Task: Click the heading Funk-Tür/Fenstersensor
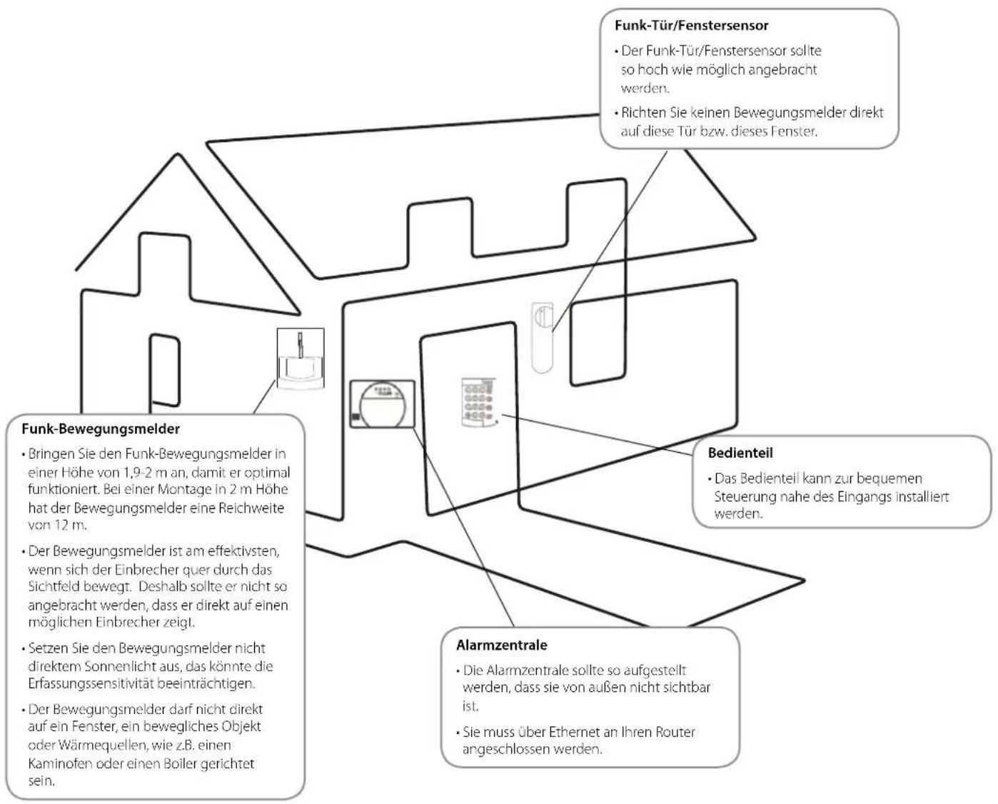point(691,25)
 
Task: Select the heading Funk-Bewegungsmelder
point(101,428)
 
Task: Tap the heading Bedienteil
point(740,453)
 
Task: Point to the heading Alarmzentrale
point(502,645)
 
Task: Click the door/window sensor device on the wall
point(542,338)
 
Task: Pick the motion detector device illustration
point(301,358)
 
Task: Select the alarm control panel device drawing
point(382,403)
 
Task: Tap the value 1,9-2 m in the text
point(153,472)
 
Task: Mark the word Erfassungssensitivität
point(91,683)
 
